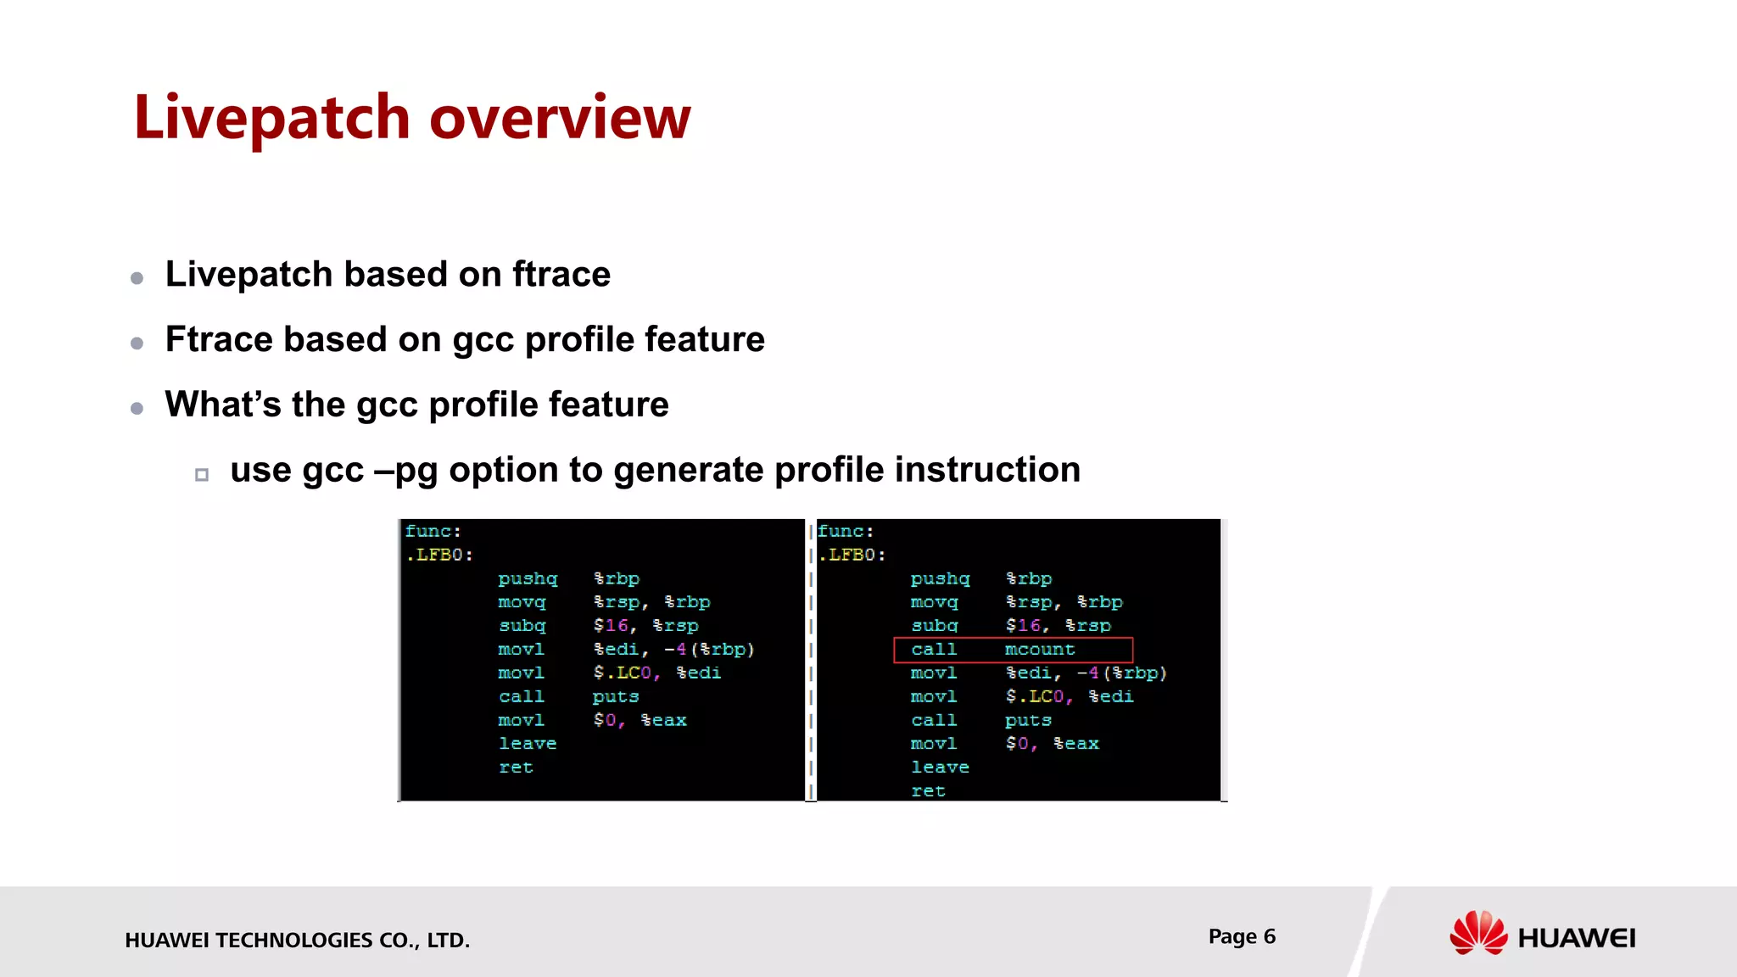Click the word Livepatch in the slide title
tap(272, 118)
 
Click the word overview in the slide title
tap(560, 118)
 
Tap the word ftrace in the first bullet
tap(561, 275)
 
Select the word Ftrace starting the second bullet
tap(216, 339)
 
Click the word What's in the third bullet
tap(222, 405)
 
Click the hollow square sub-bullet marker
tap(202, 475)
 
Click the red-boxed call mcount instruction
tap(1013, 650)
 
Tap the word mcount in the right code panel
tap(1040, 650)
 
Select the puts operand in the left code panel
tap(616, 696)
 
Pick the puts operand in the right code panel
tap(1028, 720)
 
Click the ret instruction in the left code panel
tap(516, 768)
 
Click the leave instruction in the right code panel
tap(940, 768)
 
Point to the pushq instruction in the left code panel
tap(528, 578)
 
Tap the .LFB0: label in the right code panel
tap(852, 555)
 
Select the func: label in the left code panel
tap(433, 532)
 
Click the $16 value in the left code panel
tap(611, 626)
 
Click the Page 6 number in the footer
tap(1242, 936)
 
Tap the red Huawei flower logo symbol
tap(1478, 933)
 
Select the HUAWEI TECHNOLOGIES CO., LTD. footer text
tap(297, 940)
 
